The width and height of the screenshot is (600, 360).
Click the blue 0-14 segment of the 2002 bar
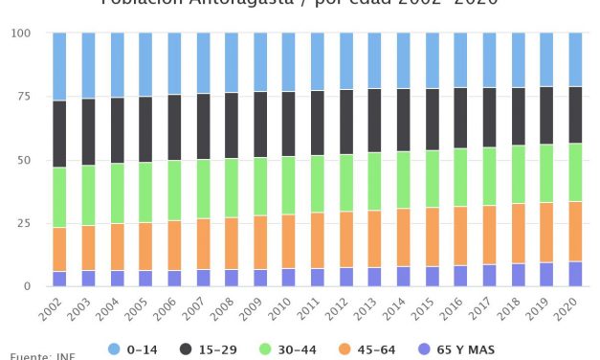59,66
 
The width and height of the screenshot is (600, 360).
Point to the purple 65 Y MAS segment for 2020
575,274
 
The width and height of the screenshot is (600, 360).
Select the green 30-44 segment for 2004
117,193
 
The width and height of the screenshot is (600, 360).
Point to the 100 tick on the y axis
21,34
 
